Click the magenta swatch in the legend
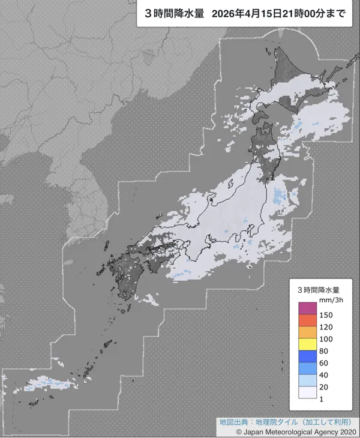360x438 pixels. pyautogui.click(x=308, y=308)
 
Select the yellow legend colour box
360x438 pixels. pyautogui.click(x=308, y=344)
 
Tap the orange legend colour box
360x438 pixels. pyautogui.click(x=308, y=332)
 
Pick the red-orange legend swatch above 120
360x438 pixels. pyautogui.click(x=308, y=320)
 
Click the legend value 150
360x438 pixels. pyautogui.click(x=326, y=314)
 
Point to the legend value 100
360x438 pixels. pyautogui.click(x=326, y=338)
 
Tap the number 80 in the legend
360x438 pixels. pyautogui.click(x=325, y=350)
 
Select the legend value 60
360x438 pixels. pyautogui.click(x=325, y=362)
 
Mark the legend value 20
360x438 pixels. pyautogui.click(x=325, y=386)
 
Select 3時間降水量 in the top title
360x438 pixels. pyautogui.click(x=173, y=13)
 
